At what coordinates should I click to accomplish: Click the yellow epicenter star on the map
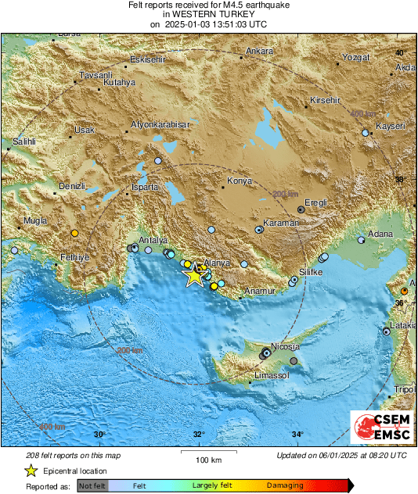point(194,275)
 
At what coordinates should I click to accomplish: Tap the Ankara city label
point(259,52)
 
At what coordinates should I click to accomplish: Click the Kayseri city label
point(389,126)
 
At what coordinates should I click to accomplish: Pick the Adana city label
point(382,234)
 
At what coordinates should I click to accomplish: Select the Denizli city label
point(71,188)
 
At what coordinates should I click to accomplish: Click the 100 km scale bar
point(204,453)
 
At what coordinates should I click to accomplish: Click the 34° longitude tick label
point(297,435)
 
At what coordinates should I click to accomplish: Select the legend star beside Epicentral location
point(31,471)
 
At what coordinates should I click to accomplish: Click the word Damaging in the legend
point(285,485)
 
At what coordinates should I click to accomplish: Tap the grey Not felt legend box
point(92,485)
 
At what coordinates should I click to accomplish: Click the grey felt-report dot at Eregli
point(302,209)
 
